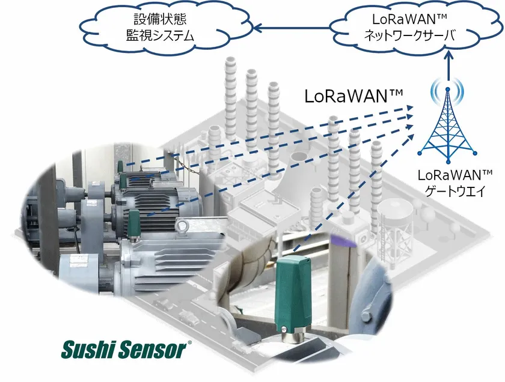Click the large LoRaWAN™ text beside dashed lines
click(353, 97)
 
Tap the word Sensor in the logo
click(155, 348)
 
